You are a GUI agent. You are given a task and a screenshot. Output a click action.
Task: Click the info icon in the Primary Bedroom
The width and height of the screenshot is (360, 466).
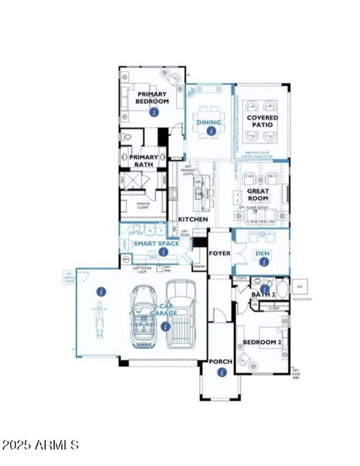click(x=154, y=112)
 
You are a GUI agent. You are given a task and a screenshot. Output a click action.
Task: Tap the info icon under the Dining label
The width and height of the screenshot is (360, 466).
click(x=210, y=131)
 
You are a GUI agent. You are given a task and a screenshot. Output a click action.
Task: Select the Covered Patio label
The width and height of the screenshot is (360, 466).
click(x=262, y=121)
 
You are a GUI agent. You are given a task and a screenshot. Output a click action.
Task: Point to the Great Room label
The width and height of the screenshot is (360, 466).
click(x=258, y=195)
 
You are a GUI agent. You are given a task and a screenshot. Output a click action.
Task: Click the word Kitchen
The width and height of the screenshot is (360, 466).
click(x=193, y=219)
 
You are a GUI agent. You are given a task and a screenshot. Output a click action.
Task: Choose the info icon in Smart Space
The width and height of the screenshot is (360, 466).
click(x=163, y=252)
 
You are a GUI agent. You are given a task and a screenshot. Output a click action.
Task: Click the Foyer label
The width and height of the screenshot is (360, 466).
click(x=220, y=253)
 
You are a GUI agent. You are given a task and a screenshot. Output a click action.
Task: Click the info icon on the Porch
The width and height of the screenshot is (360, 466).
click(x=221, y=372)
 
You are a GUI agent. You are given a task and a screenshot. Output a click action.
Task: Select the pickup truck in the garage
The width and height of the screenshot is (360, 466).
click(x=181, y=314)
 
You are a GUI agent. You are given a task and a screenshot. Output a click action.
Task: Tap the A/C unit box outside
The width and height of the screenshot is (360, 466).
click(x=299, y=286)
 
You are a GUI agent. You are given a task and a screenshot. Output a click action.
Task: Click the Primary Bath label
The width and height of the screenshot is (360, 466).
click(x=144, y=161)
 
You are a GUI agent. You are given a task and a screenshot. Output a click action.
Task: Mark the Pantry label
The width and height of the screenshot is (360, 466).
click(x=199, y=267)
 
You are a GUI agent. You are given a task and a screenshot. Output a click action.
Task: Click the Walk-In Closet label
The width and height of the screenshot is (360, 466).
click(x=143, y=205)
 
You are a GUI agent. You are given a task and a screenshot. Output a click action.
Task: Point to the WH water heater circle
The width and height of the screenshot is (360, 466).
click(x=126, y=260)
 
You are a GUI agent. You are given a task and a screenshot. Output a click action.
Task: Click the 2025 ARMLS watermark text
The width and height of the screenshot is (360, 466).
click(x=40, y=445)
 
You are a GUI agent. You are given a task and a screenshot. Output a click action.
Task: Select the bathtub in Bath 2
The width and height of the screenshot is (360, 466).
click(x=283, y=289)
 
